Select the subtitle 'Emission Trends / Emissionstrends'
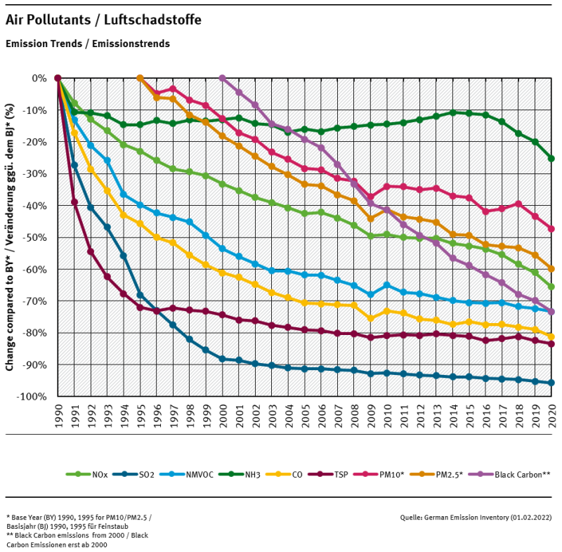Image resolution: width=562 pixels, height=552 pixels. coord(87,44)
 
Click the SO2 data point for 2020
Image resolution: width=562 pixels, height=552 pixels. coord(551,383)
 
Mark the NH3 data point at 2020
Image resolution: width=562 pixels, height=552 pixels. coord(551,159)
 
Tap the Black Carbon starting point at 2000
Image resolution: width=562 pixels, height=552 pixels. coord(223,78)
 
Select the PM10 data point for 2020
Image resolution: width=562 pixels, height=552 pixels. coord(551,229)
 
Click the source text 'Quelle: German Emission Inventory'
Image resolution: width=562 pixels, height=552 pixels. coord(475,517)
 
